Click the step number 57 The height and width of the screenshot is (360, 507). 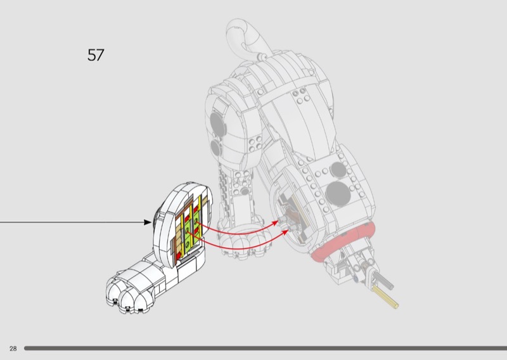pyautogui.click(x=95, y=55)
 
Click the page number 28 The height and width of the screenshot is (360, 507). pyautogui.click(x=13, y=349)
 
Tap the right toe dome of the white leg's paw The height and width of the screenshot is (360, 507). pyautogui.click(x=141, y=298)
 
